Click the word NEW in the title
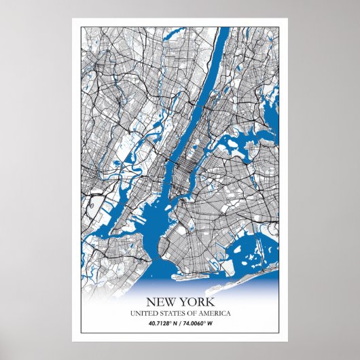[161, 302]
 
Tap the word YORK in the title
[197, 302]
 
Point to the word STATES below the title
[170, 313]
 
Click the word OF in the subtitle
[190, 313]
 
